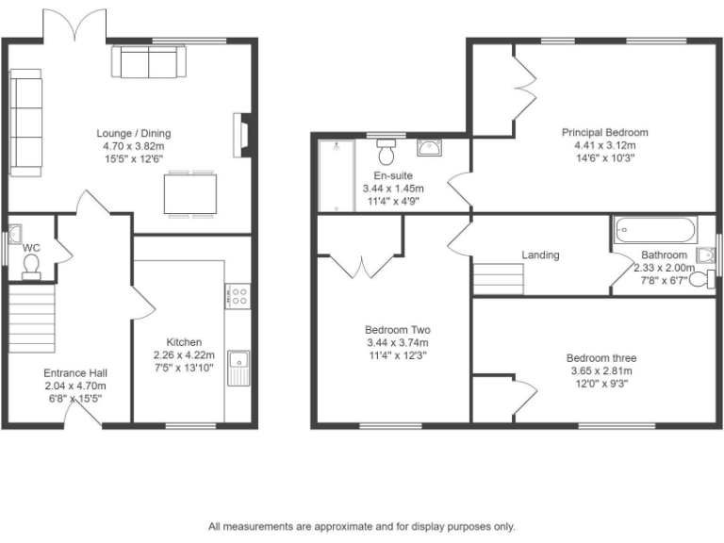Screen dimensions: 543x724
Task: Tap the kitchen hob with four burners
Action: tap(238, 297)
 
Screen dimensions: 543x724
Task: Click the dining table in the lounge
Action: tap(189, 194)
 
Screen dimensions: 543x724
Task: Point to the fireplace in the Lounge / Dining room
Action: tap(241, 134)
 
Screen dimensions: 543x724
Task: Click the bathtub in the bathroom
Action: tap(655, 229)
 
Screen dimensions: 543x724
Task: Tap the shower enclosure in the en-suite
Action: tap(336, 175)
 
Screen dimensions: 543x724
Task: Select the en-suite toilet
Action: tap(387, 151)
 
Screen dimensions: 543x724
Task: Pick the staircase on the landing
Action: tap(497, 279)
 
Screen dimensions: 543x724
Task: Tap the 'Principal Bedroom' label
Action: tap(605, 133)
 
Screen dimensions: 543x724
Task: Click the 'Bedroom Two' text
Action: tap(398, 330)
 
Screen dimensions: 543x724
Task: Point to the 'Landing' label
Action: tap(540, 255)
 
